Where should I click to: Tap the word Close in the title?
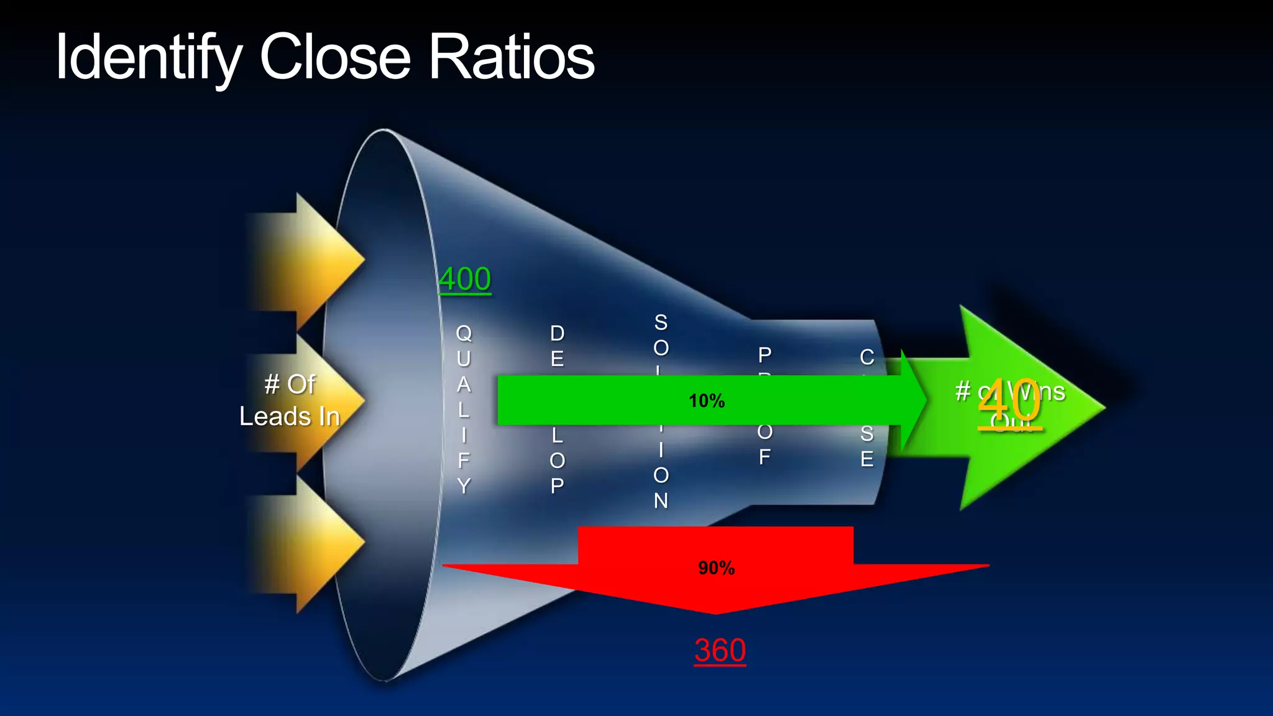click(335, 57)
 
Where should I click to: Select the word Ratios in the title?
click(512, 57)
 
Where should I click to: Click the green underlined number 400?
click(465, 279)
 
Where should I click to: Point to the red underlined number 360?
click(720, 651)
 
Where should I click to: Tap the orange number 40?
click(1009, 402)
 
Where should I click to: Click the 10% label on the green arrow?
click(707, 401)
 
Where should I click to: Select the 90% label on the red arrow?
click(716, 568)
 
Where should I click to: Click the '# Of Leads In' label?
click(290, 400)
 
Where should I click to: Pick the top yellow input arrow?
click(311, 261)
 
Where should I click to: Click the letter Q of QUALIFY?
click(464, 334)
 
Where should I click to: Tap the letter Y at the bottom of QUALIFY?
click(464, 485)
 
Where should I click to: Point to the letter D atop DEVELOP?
click(558, 334)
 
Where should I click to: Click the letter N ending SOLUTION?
click(661, 500)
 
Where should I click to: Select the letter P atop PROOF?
click(765, 355)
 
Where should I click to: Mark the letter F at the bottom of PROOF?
click(765, 457)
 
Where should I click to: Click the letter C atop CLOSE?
click(867, 357)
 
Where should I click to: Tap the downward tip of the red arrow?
click(716, 612)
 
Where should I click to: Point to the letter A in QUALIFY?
click(464, 385)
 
